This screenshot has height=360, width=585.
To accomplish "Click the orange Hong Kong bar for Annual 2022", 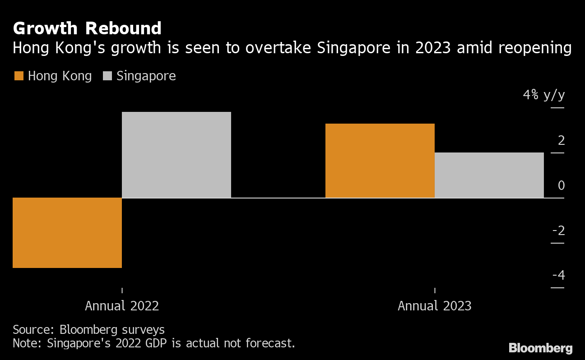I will pos(67,233).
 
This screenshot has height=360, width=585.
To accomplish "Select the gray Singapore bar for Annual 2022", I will pos(176,155).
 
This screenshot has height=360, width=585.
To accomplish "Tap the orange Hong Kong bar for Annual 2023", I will pos(380,161).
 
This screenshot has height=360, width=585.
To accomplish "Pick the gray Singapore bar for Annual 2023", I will pos(489,175).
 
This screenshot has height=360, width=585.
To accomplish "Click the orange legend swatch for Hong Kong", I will pos(19,76).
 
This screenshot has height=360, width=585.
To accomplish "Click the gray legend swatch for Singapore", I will pos(107,76).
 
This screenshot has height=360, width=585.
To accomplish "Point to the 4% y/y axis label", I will pos(543,95).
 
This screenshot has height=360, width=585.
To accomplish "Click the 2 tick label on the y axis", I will pos(561,141).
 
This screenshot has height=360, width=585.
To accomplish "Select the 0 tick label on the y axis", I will pos(561,185).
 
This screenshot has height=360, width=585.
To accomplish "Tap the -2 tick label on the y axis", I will pos(558,231).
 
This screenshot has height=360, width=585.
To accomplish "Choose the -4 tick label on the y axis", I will pos(558,275).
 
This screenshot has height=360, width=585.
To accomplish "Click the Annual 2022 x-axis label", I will pos(122,306).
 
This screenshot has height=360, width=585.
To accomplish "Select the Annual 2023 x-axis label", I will pos(434,306).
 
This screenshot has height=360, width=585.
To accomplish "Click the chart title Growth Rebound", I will pos(87,28).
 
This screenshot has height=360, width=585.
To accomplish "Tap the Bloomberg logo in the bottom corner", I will pos(540,348).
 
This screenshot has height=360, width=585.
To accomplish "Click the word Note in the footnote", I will pos(25,343).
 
